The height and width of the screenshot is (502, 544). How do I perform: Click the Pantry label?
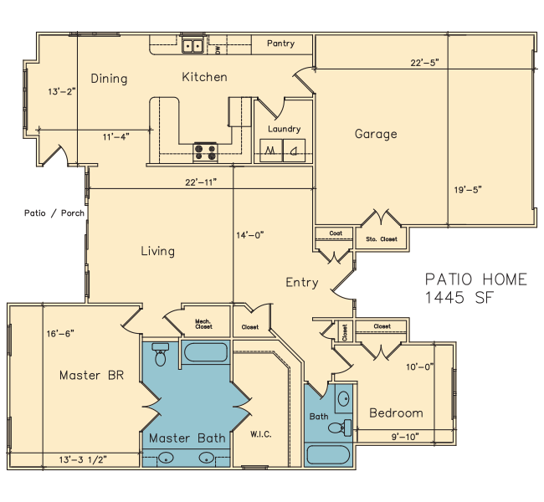tap(280, 44)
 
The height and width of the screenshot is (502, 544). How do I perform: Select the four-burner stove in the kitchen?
tap(205, 152)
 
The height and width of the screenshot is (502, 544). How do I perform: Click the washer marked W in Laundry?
tap(270, 151)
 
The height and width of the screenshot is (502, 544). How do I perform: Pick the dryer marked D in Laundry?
tap(295, 151)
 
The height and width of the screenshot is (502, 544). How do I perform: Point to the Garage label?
tap(376, 134)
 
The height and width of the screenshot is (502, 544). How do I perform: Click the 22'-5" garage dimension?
tap(425, 63)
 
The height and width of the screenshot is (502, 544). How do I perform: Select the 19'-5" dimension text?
tap(468, 190)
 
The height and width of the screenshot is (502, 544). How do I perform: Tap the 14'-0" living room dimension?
tap(250, 235)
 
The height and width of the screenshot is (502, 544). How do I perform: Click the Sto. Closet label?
tap(382, 239)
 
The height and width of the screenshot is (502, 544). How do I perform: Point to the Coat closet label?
tap(336, 233)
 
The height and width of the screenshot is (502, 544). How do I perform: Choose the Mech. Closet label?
tap(203, 324)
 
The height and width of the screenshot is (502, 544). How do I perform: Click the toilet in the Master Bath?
tap(161, 354)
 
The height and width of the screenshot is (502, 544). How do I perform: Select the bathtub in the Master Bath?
tap(205, 352)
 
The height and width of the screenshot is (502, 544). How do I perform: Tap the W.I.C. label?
tap(261, 434)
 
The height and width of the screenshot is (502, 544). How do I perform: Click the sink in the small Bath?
tap(344, 398)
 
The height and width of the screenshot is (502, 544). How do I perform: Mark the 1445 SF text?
tap(459, 297)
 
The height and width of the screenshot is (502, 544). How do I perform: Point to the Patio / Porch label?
tap(54, 213)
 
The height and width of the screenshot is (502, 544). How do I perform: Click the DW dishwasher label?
tap(218, 50)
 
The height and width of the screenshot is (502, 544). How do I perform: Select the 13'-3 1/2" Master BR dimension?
tap(83, 459)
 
